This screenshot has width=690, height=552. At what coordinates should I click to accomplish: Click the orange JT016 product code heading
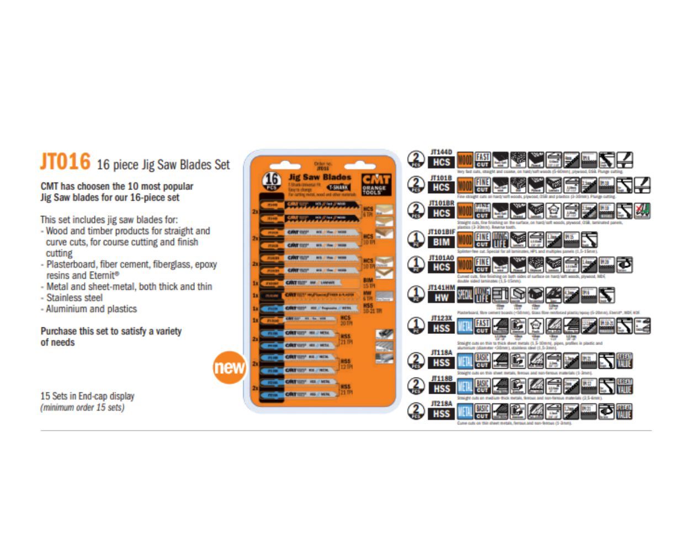tap(65, 162)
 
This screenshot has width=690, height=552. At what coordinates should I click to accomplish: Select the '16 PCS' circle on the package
tap(271, 181)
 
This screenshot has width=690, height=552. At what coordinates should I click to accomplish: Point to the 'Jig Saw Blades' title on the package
tap(320, 177)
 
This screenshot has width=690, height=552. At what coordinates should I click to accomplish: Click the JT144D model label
tap(441, 152)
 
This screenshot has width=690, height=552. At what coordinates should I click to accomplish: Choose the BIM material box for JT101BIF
tap(441, 242)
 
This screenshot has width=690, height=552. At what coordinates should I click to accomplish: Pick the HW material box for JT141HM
tap(441, 298)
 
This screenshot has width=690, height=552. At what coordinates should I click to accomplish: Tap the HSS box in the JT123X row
tap(441, 328)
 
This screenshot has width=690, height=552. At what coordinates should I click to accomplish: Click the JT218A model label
tap(441, 404)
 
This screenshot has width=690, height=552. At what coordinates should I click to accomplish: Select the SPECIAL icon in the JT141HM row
tap(465, 295)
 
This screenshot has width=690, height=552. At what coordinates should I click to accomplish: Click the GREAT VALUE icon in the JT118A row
tap(624, 360)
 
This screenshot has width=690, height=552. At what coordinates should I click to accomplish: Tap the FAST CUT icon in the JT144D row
tap(482, 160)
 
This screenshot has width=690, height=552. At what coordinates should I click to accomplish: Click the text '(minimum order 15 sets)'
tap(82, 407)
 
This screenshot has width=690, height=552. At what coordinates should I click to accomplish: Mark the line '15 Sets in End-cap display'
tap(87, 396)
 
